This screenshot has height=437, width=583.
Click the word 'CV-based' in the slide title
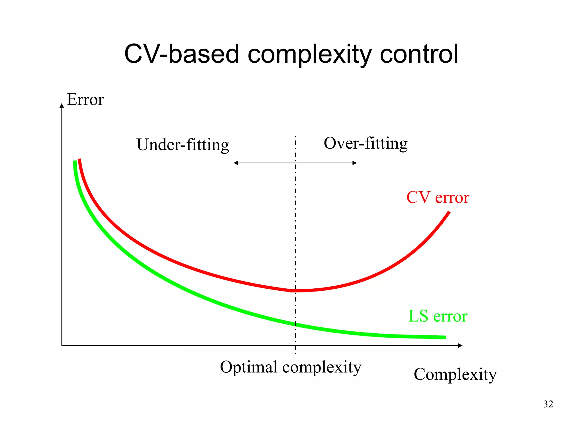click(x=181, y=54)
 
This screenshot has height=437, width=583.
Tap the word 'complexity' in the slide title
click(x=309, y=55)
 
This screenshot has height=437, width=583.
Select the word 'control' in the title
click(x=419, y=54)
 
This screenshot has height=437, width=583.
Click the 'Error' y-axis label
click(x=85, y=100)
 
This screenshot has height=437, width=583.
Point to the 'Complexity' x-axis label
click(x=455, y=374)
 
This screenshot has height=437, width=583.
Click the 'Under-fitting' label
click(x=183, y=145)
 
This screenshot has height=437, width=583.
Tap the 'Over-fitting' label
click(x=366, y=143)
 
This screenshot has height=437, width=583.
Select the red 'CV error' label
click(x=438, y=197)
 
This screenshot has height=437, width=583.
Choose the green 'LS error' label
click(x=438, y=316)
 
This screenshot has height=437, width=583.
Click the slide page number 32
click(x=548, y=404)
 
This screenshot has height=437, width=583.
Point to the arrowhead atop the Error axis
click(x=61, y=105)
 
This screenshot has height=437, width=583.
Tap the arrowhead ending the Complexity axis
click(x=460, y=346)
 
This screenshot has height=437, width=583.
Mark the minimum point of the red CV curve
click(x=293, y=291)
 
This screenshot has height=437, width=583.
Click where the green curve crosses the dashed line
click(x=295, y=324)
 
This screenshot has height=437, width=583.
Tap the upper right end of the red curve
click(x=449, y=212)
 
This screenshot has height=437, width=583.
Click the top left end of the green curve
click(x=75, y=162)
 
